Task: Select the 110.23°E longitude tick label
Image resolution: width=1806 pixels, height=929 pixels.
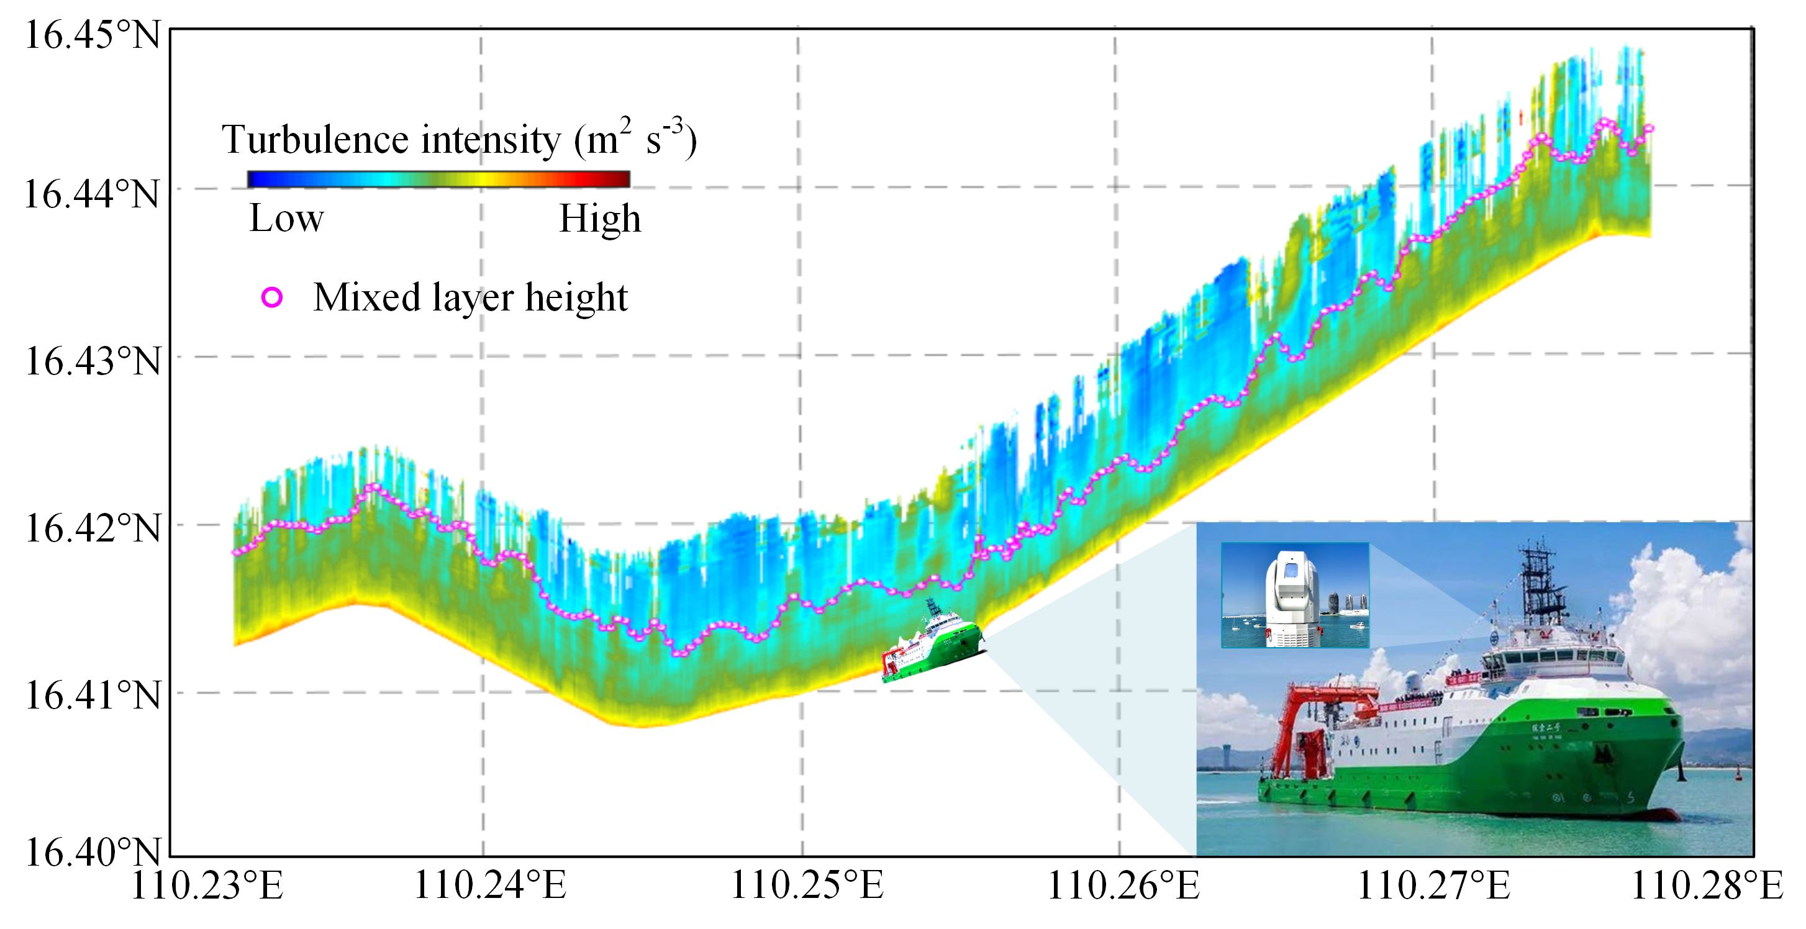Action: pyautogui.click(x=207, y=887)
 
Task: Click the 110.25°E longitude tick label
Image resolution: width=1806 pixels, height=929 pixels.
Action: pyautogui.click(x=807, y=887)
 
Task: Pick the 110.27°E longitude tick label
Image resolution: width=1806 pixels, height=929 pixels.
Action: pyautogui.click(x=1434, y=887)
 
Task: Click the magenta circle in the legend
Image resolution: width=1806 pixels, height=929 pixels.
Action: pyautogui.click(x=271, y=298)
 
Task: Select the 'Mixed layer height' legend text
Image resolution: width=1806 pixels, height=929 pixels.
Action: pyautogui.click(x=470, y=297)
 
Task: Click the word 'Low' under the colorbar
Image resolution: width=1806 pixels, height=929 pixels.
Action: pyautogui.click(x=287, y=219)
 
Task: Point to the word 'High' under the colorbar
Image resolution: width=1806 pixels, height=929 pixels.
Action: pyautogui.click(x=599, y=219)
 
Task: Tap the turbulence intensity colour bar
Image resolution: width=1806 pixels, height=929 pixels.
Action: pyautogui.click(x=438, y=179)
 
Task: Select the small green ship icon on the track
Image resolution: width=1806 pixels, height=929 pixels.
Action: pyautogui.click(x=932, y=645)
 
